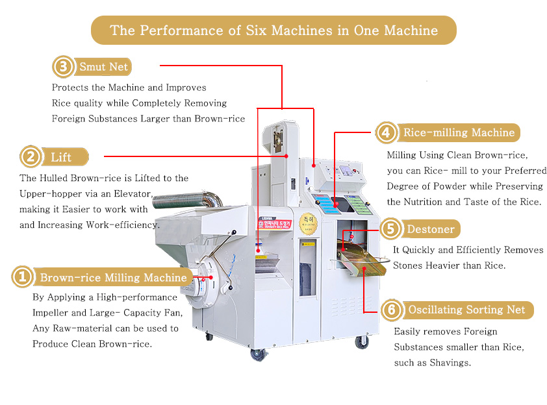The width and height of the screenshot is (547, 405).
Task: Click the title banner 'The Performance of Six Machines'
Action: tap(273, 31)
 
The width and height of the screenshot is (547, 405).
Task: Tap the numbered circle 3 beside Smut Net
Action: tap(62, 67)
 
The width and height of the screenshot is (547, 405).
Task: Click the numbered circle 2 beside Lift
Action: tap(30, 157)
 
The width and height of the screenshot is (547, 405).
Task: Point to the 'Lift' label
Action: tap(61, 158)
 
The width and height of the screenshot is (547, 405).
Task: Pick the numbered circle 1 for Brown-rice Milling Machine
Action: tap(21, 278)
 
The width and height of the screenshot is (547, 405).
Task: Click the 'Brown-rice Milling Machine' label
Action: tap(113, 278)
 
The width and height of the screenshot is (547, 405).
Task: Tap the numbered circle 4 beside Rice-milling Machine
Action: tap(387, 133)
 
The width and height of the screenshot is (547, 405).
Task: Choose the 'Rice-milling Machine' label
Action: tap(459, 133)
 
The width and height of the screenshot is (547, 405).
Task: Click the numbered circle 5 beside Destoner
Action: tap(390, 228)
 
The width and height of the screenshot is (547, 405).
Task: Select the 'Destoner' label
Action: tap(429, 229)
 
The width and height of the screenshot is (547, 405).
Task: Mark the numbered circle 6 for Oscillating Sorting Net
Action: tap(390, 310)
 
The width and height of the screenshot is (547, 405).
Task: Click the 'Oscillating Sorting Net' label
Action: tap(466, 310)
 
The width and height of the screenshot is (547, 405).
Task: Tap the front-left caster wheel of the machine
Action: tap(259, 354)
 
